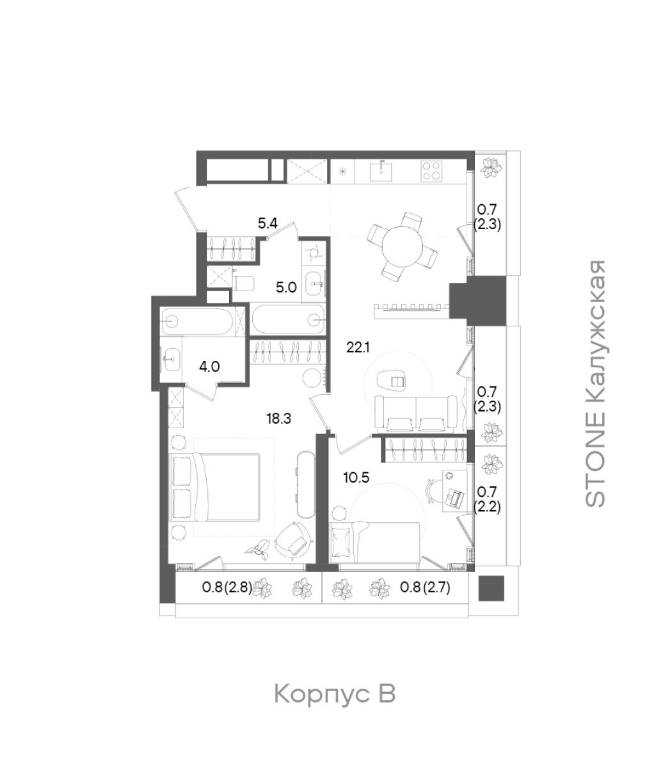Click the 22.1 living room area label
click(358, 348)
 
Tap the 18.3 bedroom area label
click(279, 419)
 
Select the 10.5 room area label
click(356, 478)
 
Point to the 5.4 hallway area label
click(267, 224)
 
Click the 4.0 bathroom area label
click(209, 366)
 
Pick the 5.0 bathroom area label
click(286, 288)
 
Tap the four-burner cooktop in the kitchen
click(431, 171)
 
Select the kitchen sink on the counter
click(381, 171)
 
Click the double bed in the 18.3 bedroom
click(215, 487)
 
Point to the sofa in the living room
click(416, 413)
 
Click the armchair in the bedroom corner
click(293, 540)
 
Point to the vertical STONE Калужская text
click(595, 383)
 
